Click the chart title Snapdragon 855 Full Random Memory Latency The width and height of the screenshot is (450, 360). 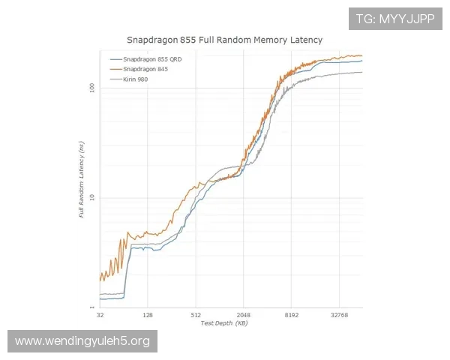(x=226, y=40)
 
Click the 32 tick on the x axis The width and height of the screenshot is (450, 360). (x=100, y=316)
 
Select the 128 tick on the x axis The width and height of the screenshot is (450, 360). (x=148, y=316)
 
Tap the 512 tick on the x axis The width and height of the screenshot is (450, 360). (x=196, y=316)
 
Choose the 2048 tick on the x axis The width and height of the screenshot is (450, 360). (x=244, y=316)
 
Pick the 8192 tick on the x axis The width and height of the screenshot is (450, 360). (x=292, y=316)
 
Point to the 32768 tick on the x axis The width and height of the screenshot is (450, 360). (x=340, y=316)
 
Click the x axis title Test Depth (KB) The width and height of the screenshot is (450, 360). (x=224, y=323)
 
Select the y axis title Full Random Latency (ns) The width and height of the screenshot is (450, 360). (x=81, y=183)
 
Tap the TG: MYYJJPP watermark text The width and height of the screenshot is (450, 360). (x=394, y=19)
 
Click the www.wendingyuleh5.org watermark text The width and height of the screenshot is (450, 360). (x=82, y=341)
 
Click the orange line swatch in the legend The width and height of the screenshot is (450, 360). (x=116, y=69)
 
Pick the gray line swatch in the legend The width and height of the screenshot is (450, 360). (x=116, y=79)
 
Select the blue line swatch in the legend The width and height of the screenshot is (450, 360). (x=116, y=59)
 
